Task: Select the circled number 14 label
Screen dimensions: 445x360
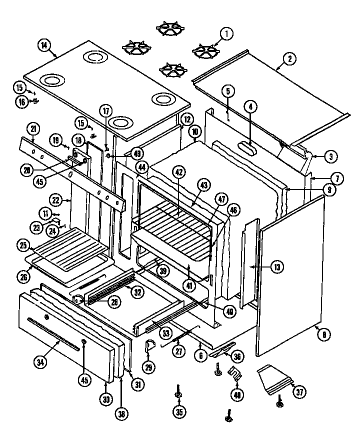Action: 44,45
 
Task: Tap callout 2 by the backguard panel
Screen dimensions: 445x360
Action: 289,59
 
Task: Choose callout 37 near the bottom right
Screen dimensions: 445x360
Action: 299,392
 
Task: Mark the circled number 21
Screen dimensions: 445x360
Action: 33,128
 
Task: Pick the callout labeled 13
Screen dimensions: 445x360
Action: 276,267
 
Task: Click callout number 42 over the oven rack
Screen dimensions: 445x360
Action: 177,171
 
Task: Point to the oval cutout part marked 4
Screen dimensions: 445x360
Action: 248,148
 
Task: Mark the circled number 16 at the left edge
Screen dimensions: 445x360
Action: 21,101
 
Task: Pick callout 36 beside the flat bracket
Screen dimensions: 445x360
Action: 238,356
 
